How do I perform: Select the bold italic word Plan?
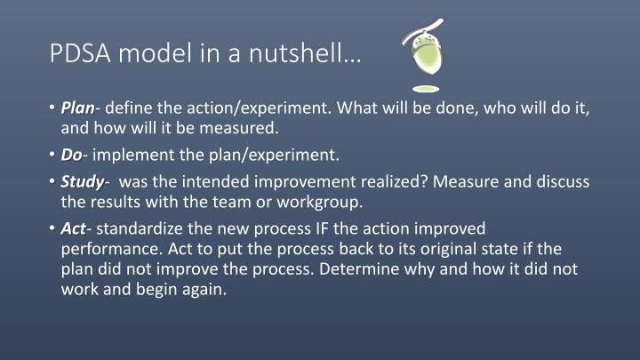pyautogui.click(x=77, y=108)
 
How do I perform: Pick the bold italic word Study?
pyautogui.click(x=82, y=182)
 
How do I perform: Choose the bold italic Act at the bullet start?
pyautogui.click(x=73, y=228)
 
